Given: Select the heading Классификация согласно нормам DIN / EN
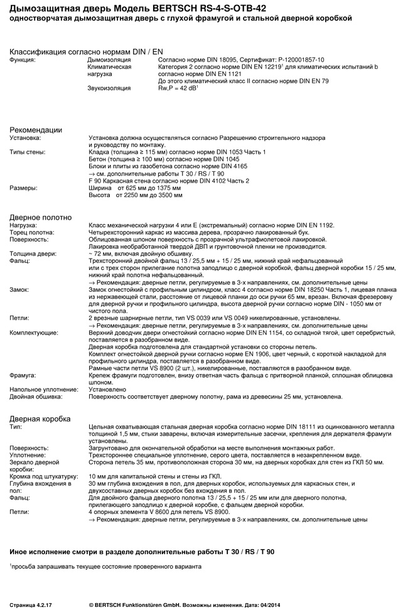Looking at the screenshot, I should click(x=86, y=51).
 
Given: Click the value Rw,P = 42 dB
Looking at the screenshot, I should click(x=178, y=88).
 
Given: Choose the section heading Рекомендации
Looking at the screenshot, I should click(x=36, y=130).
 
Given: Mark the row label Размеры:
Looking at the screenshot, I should click(x=23, y=188).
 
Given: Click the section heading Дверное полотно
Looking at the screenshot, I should click(x=40, y=217).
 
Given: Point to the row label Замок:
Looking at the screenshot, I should click(x=19, y=289).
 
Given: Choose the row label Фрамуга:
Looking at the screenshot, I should click(x=23, y=375).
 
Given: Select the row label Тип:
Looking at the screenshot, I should click(x=16, y=426).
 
